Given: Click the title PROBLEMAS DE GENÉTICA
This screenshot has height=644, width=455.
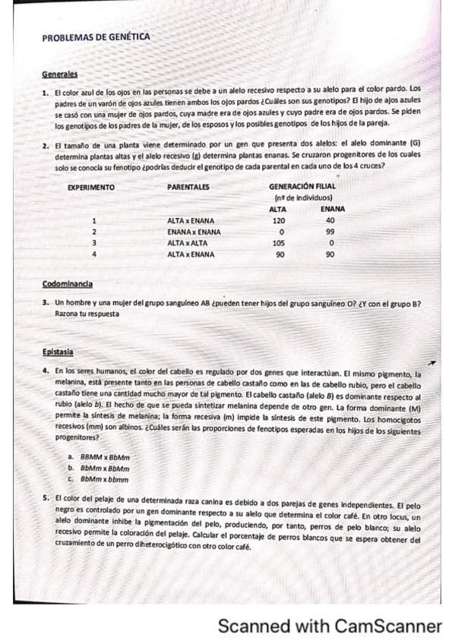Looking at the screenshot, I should pos(96,36).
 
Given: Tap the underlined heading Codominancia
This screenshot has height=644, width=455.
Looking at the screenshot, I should pos(68,284).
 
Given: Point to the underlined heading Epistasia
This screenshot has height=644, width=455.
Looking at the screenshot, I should pos(58,352).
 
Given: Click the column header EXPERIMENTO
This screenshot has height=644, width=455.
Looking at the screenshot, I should pos(91,186).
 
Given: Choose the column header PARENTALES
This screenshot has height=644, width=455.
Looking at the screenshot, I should pos(188,186).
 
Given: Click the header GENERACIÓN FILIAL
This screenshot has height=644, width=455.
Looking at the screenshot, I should pos(302,186).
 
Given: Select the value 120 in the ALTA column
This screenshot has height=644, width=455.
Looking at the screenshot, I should pos(277,220).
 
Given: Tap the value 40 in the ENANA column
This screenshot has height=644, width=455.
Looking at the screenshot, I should pos(330,220).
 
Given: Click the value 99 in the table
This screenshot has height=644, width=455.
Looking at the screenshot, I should pos(330,232).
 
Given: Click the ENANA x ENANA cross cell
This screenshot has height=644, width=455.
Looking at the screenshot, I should pos(194,232).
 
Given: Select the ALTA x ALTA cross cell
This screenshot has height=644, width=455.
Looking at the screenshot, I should pos(189,243).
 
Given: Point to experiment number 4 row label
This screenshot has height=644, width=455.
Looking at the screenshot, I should pos(93,254).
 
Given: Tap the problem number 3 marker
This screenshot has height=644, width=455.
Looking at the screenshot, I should pos(46,304).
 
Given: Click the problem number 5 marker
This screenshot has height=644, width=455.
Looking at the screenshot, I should pos(46,499).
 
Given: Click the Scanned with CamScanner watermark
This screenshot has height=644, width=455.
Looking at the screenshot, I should pos(329,627).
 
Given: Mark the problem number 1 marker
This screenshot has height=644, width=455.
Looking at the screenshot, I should pos(46,90).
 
